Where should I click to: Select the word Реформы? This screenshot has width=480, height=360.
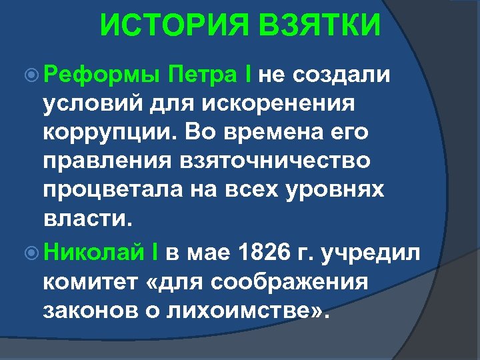(101, 75)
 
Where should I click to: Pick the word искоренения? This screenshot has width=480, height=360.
(283, 103)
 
